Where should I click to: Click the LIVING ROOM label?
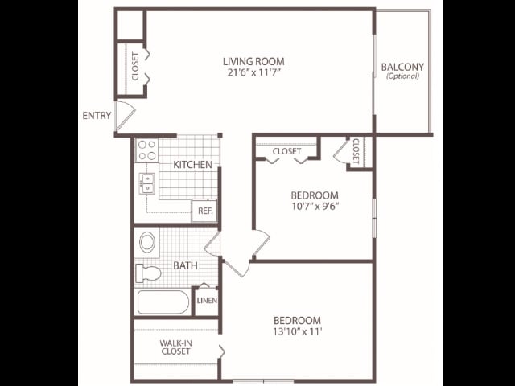coord(253,61)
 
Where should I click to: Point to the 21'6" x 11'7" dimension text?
coord(253,72)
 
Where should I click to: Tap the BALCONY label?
coord(402,67)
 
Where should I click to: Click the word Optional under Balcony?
coord(402,76)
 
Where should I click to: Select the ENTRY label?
coord(97,116)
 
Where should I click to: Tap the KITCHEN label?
coord(192,165)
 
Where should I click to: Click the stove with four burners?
coord(146,150)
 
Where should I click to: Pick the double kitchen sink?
coord(147,183)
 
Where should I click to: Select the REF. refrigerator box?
coord(204,211)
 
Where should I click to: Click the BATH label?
coord(185,265)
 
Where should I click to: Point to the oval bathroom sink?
coord(147,242)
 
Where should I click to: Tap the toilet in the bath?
coord(148,273)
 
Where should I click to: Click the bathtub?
coord(163,302)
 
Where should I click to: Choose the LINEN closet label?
coord(207,301)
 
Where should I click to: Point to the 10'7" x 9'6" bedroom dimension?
coord(315,206)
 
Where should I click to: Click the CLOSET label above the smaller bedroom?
coord(286,151)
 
